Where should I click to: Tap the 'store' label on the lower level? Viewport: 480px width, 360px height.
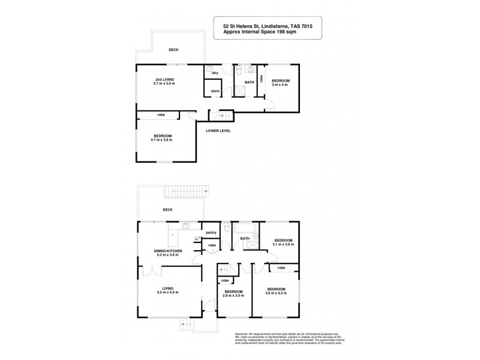click(214, 91)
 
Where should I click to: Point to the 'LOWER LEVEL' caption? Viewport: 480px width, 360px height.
click(218, 130)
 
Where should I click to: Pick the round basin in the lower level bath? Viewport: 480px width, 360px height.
click(252, 70)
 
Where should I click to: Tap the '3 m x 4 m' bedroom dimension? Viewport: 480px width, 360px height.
click(281, 85)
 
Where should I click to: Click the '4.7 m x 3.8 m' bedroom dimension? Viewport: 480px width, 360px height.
click(161, 139)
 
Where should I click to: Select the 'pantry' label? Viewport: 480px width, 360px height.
click(211, 232)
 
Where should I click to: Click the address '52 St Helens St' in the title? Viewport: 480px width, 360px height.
click(237, 26)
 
